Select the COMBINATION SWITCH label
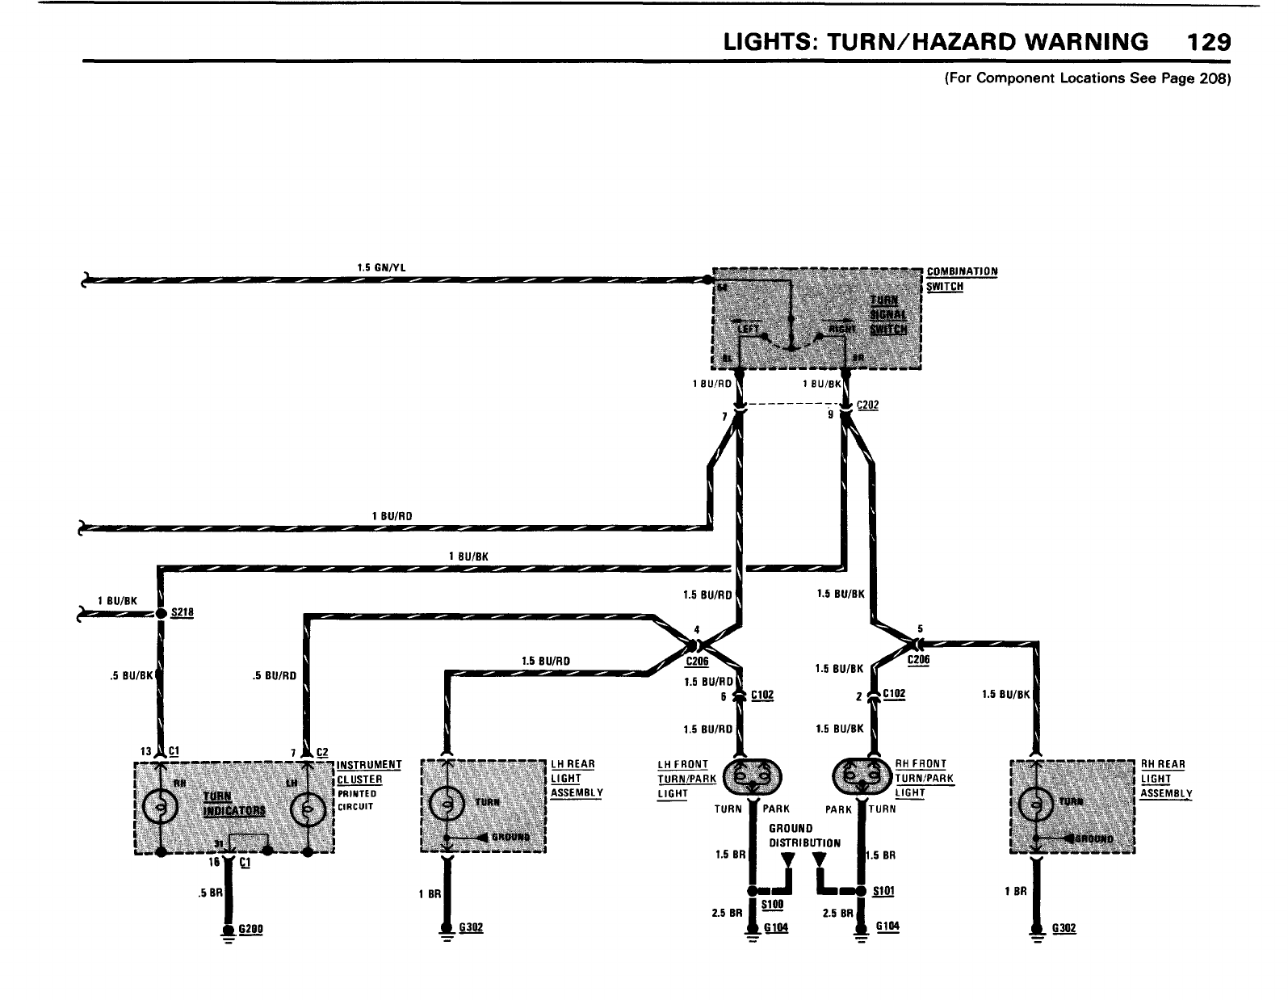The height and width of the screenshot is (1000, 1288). point(962,279)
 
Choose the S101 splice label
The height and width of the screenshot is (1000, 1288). point(884,891)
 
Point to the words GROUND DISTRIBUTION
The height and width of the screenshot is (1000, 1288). point(804,835)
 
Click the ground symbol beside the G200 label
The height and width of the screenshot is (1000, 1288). point(229,932)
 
